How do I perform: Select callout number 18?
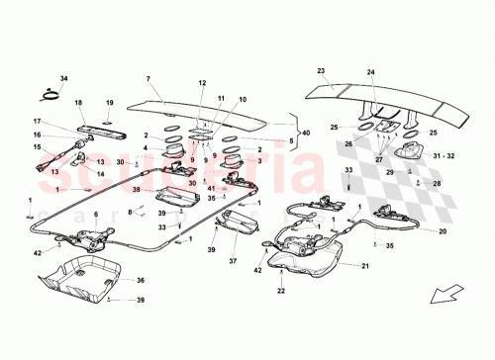pos(79,103)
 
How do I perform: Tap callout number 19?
pos(110,103)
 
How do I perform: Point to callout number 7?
pos(148,78)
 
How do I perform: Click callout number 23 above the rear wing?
pos(321,71)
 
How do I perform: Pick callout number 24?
pos(371,71)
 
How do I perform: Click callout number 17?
pos(37,122)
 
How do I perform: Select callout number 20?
pos(442,231)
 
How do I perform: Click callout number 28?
pos(439,183)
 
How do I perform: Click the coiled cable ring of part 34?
pos(46,95)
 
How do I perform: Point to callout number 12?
pos(201,83)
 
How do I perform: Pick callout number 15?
pos(36,148)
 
